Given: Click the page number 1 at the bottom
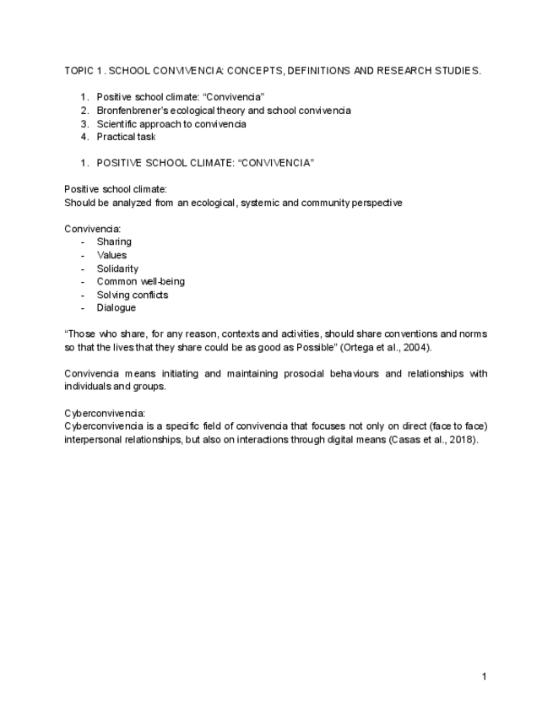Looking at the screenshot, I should [x=484, y=676].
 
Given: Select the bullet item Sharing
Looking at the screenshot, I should [x=114, y=241].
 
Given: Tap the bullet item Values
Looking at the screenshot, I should [x=111, y=255].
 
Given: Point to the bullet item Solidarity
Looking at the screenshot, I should [x=117, y=268].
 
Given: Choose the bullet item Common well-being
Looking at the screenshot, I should [x=140, y=281].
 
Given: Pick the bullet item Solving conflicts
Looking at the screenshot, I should [x=132, y=295].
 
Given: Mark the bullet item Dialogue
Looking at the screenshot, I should [x=116, y=308].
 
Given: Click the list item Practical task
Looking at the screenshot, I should [x=126, y=137].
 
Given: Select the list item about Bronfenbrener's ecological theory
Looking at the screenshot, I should [x=223, y=111].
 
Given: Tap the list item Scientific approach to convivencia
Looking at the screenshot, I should [x=171, y=124].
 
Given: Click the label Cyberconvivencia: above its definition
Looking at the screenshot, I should [x=105, y=414].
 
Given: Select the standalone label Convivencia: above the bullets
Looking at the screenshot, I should [x=93, y=228].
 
